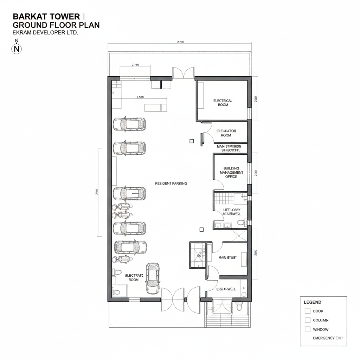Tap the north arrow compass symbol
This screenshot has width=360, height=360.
click(17, 49)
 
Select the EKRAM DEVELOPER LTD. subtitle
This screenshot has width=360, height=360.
click(45, 32)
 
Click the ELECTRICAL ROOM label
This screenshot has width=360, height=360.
click(223, 103)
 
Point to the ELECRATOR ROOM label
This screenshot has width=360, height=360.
click(226, 133)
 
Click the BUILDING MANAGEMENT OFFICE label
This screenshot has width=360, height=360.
click(231, 173)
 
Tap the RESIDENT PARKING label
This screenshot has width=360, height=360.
click(171, 184)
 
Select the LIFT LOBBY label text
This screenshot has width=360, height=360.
click(231, 210)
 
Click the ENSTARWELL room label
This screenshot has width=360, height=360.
click(226, 289)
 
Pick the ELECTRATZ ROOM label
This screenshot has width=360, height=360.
click(134, 278)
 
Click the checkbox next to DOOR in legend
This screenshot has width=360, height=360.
click(308, 311)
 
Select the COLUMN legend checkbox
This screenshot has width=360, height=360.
click(308, 320)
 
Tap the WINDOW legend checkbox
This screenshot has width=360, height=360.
click(308, 329)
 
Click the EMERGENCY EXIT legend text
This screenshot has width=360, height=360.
click(328, 338)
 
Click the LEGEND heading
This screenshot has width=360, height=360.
click(312, 302)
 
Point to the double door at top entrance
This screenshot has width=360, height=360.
click(183, 73)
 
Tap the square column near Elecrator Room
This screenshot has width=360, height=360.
click(192, 141)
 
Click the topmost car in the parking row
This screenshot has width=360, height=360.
click(129, 124)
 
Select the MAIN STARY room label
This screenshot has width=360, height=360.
click(227, 258)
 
